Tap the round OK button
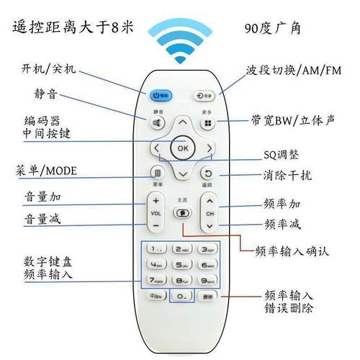click(182, 149)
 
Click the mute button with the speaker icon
click(157, 123)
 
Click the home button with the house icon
click(182, 214)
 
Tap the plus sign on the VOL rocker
click(156, 202)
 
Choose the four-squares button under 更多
click(209, 123)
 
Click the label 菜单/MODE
click(56, 171)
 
